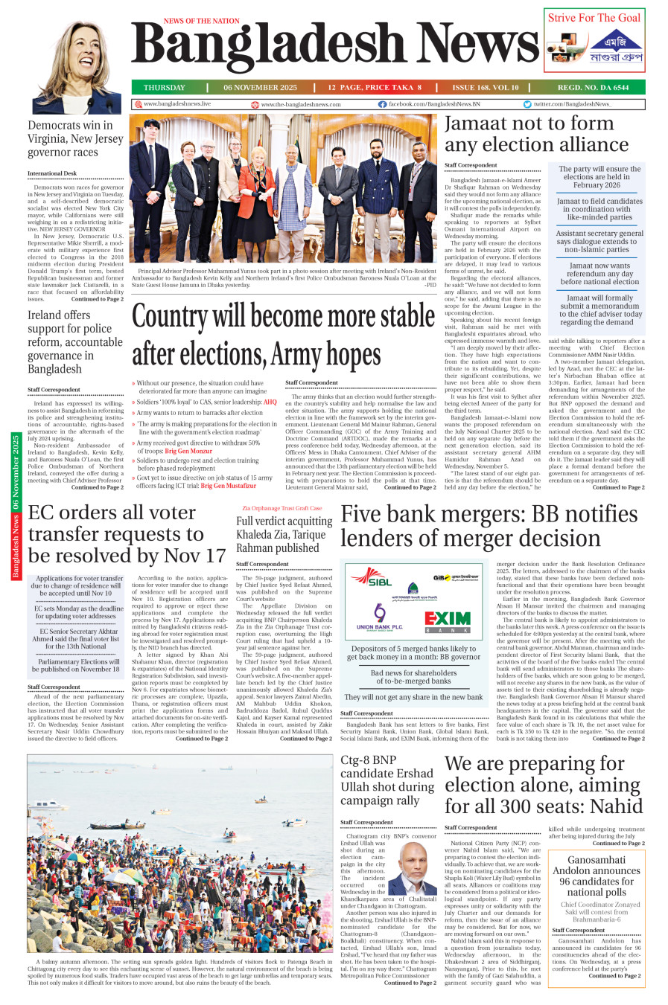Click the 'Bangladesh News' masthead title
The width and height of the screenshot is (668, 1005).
[x=335, y=46]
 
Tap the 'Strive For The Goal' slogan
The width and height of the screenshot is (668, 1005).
[x=594, y=18]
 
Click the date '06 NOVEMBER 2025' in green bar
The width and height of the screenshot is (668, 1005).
[x=260, y=88]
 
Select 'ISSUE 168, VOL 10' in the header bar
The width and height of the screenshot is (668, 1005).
[x=485, y=88]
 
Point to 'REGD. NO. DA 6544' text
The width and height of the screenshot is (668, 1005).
[x=593, y=88]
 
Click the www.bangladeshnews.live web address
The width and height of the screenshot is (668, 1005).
[x=176, y=104]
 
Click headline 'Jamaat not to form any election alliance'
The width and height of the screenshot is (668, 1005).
[x=529, y=134]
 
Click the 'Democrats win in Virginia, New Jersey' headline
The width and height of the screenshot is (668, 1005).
[x=75, y=139]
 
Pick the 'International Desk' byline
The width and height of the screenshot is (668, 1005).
[x=52, y=173]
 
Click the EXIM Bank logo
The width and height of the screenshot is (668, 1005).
[x=448, y=620]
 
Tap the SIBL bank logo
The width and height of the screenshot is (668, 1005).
[x=371, y=577]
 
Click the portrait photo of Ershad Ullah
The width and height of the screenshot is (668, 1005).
[x=413, y=869]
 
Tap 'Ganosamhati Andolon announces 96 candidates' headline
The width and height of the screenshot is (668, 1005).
[x=596, y=876]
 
